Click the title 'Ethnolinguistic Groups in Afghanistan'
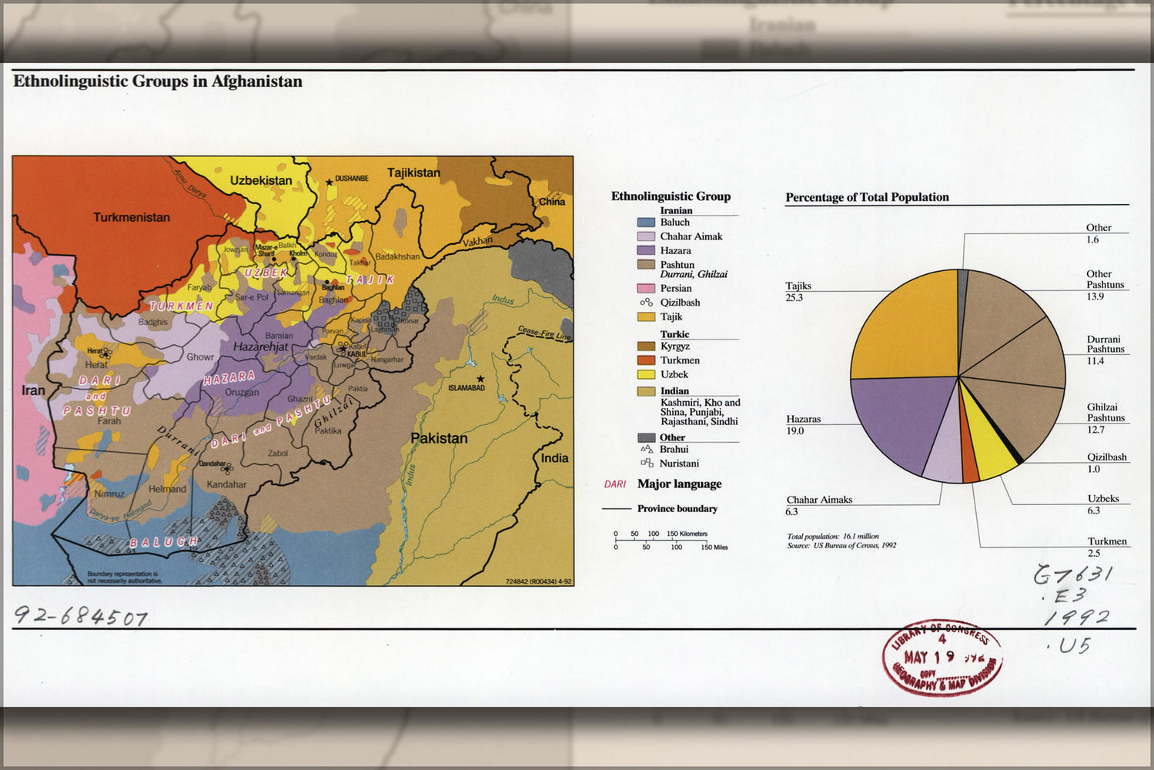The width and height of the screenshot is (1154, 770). (x=158, y=82)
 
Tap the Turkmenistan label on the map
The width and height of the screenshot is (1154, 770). (x=132, y=217)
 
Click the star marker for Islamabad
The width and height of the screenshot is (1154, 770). (x=480, y=379)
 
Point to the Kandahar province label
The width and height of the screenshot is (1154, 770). (x=226, y=484)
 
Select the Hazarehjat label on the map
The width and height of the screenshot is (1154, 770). (x=260, y=346)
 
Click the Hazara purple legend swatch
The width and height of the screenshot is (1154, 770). (x=646, y=250)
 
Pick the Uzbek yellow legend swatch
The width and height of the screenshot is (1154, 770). (x=646, y=374)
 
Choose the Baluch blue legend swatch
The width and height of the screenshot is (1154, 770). (x=646, y=223)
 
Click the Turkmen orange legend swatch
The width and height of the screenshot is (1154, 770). (x=646, y=360)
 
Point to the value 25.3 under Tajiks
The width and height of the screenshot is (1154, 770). (x=794, y=297)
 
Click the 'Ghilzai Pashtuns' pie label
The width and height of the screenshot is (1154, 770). (x=1105, y=413)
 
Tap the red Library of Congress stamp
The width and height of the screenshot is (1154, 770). (x=942, y=659)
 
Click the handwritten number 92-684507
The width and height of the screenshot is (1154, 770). (x=81, y=616)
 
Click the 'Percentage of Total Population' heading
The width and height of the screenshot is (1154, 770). (x=867, y=197)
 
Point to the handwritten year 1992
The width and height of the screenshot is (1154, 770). (x=1076, y=618)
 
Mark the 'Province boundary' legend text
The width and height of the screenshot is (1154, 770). (x=677, y=509)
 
